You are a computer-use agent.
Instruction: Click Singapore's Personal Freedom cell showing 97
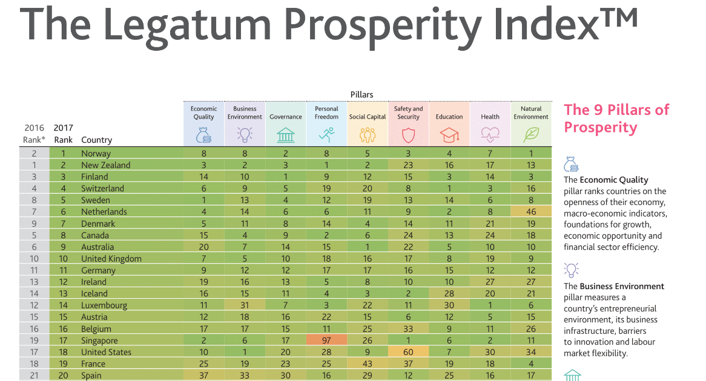click(326, 340)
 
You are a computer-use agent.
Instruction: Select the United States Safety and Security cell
click(408, 352)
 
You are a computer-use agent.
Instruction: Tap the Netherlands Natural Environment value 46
click(531, 212)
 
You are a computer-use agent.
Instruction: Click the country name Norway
click(96, 154)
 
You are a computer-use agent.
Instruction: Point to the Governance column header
click(285, 117)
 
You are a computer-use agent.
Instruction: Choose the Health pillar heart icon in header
click(490, 134)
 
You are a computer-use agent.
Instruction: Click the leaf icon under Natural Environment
click(531, 134)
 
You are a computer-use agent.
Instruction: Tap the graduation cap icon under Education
click(449, 134)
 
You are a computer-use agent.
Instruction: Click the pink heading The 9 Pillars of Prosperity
click(616, 119)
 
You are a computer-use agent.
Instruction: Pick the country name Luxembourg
click(104, 305)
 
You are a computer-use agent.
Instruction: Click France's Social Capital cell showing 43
click(368, 364)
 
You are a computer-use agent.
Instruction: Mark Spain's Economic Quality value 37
click(203, 376)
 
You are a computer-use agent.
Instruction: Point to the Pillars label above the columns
click(361, 94)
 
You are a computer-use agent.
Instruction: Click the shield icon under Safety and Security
click(408, 134)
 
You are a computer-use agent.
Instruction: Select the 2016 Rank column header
click(34, 134)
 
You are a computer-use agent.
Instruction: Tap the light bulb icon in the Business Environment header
click(245, 134)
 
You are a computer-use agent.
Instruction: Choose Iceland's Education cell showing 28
click(449, 294)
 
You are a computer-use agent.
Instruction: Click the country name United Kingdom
click(111, 259)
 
